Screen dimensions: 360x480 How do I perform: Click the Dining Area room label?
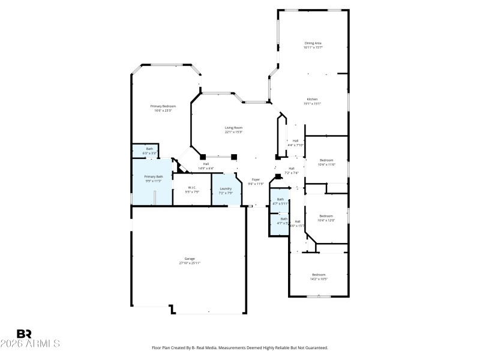click(x=313, y=43)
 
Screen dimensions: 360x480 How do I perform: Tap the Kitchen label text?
click(x=313, y=99)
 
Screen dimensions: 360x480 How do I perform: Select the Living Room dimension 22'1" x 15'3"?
click(x=234, y=132)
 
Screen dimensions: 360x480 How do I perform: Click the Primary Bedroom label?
click(x=163, y=106)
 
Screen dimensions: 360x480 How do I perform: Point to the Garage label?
click(x=190, y=259)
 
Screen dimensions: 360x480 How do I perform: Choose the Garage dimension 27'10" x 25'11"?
click(x=190, y=263)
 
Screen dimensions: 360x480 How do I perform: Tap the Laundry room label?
click(x=226, y=189)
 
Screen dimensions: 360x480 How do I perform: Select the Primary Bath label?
click(x=153, y=176)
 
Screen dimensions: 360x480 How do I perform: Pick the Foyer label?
click(x=256, y=180)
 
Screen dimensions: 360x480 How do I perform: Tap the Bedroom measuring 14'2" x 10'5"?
click(x=319, y=274)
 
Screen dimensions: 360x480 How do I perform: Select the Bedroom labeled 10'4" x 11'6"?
click(x=327, y=160)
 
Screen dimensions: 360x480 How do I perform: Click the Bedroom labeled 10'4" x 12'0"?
click(x=326, y=216)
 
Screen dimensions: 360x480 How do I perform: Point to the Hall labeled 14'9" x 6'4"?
click(x=206, y=164)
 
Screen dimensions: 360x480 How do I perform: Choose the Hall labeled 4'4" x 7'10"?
click(x=296, y=141)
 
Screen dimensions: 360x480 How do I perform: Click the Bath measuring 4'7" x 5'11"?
click(x=280, y=199)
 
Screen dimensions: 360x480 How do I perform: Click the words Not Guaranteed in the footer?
click(x=311, y=347)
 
